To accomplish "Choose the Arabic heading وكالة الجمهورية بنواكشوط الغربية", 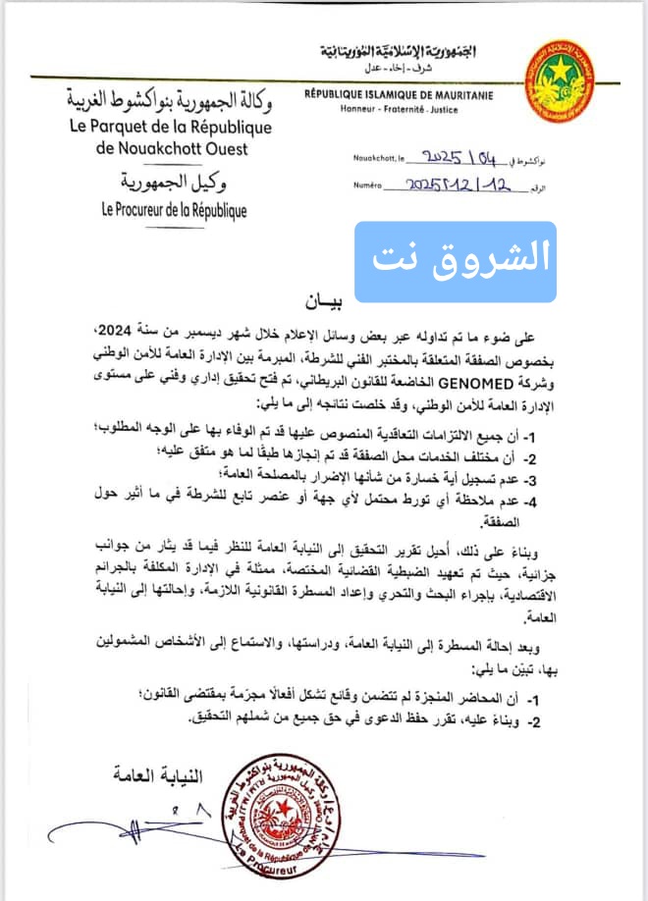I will (x=164, y=99).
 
